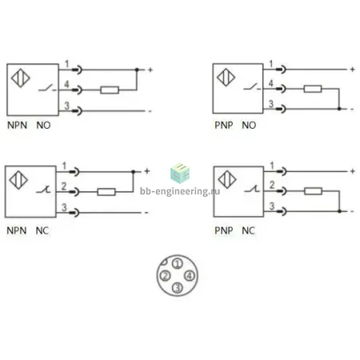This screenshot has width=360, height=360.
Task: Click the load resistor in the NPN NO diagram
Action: coord(110,90)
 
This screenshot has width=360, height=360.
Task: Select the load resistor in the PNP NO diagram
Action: coord(313,89)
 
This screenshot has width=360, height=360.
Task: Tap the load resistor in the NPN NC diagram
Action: coord(106,192)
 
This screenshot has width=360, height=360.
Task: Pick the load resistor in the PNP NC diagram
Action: coord(313,191)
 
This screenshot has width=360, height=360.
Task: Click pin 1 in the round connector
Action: coord(178,264)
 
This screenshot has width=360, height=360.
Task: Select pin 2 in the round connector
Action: coord(165,276)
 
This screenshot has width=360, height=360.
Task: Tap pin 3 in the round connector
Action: coord(178,288)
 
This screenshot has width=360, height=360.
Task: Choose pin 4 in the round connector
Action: coord(190,276)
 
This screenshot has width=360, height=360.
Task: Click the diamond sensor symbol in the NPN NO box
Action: coord(21,78)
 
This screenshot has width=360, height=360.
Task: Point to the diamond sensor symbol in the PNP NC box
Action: coord(227,179)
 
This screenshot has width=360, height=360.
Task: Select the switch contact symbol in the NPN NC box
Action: coord(43,190)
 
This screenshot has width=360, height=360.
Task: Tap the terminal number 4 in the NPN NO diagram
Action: coord(66,84)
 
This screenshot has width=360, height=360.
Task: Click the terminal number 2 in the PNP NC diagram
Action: coord(272,185)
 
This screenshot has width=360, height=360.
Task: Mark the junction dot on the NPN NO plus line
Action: coord(137,70)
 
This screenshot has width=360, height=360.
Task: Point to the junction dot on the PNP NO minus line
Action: coord(339,109)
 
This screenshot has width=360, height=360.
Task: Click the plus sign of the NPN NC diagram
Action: coord(147,171)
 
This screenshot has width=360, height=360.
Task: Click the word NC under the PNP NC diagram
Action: coord(248,230)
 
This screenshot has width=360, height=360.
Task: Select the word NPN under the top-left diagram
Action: coord(18,125)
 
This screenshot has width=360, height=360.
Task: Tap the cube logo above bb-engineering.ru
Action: coord(180,173)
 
